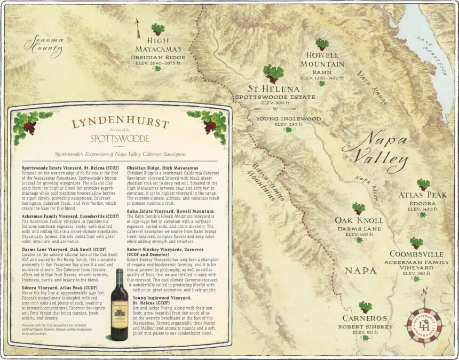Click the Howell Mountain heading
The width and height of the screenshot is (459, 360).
tap(322, 59)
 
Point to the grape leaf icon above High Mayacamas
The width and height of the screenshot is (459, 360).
tap(157, 29)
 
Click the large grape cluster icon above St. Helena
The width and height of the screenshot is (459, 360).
tap(273, 73)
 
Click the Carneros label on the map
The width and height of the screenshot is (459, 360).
tap(365, 318)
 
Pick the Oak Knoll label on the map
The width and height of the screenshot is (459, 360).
tap(359, 220)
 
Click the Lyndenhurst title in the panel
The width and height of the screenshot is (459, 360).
tap(120, 123)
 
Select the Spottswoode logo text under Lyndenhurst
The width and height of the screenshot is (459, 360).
tap(120, 138)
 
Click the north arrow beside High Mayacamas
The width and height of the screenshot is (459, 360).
tap(138, 28)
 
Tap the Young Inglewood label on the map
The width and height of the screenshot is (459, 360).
tap(288, 118)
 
